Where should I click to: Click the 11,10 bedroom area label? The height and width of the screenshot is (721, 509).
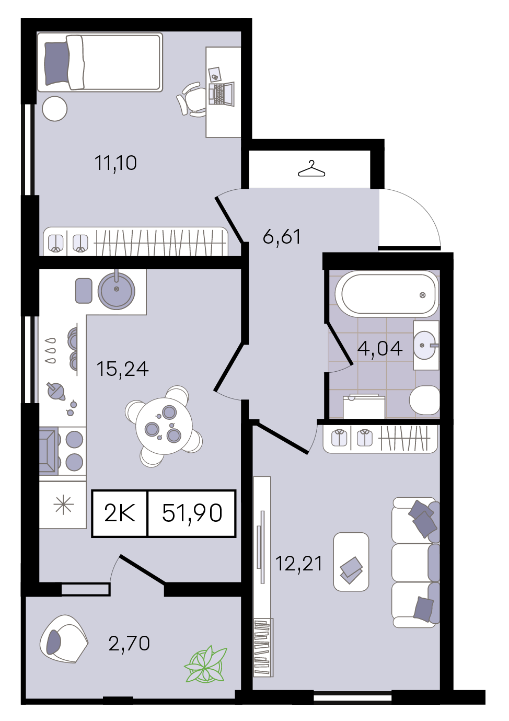pos(115,163)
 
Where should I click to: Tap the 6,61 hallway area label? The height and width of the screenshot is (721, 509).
pos(282,236)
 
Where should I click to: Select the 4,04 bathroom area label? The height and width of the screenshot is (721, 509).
pos(380,348)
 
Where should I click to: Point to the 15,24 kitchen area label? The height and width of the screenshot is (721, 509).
pos(122,369)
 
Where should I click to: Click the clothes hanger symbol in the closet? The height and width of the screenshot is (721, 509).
pos(311,169)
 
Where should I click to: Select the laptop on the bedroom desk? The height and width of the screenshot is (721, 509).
pos(222,94)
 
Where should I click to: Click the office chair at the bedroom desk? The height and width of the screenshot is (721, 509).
pos(191,99)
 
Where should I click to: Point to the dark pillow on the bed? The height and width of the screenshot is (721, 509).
pos(56,64)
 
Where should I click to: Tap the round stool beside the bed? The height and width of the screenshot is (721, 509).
pos(55,109)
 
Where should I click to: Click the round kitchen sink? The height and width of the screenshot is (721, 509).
pos(117,290)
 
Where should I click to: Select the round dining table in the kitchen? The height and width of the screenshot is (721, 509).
pos(164,427)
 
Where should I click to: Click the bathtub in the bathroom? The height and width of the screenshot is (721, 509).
pos(386,293)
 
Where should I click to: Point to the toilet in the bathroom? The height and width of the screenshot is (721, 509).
pos(424,400)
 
